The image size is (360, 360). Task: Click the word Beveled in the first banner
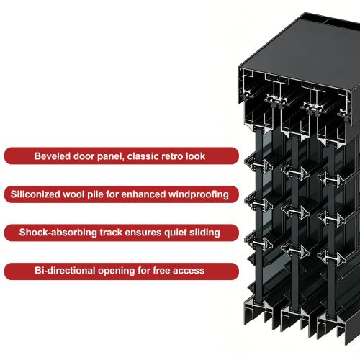point(53,156)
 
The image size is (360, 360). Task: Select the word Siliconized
point(35,194)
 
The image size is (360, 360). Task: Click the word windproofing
point(199,194)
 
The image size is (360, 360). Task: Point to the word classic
point(143,156)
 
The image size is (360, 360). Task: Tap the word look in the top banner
point(197,156)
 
